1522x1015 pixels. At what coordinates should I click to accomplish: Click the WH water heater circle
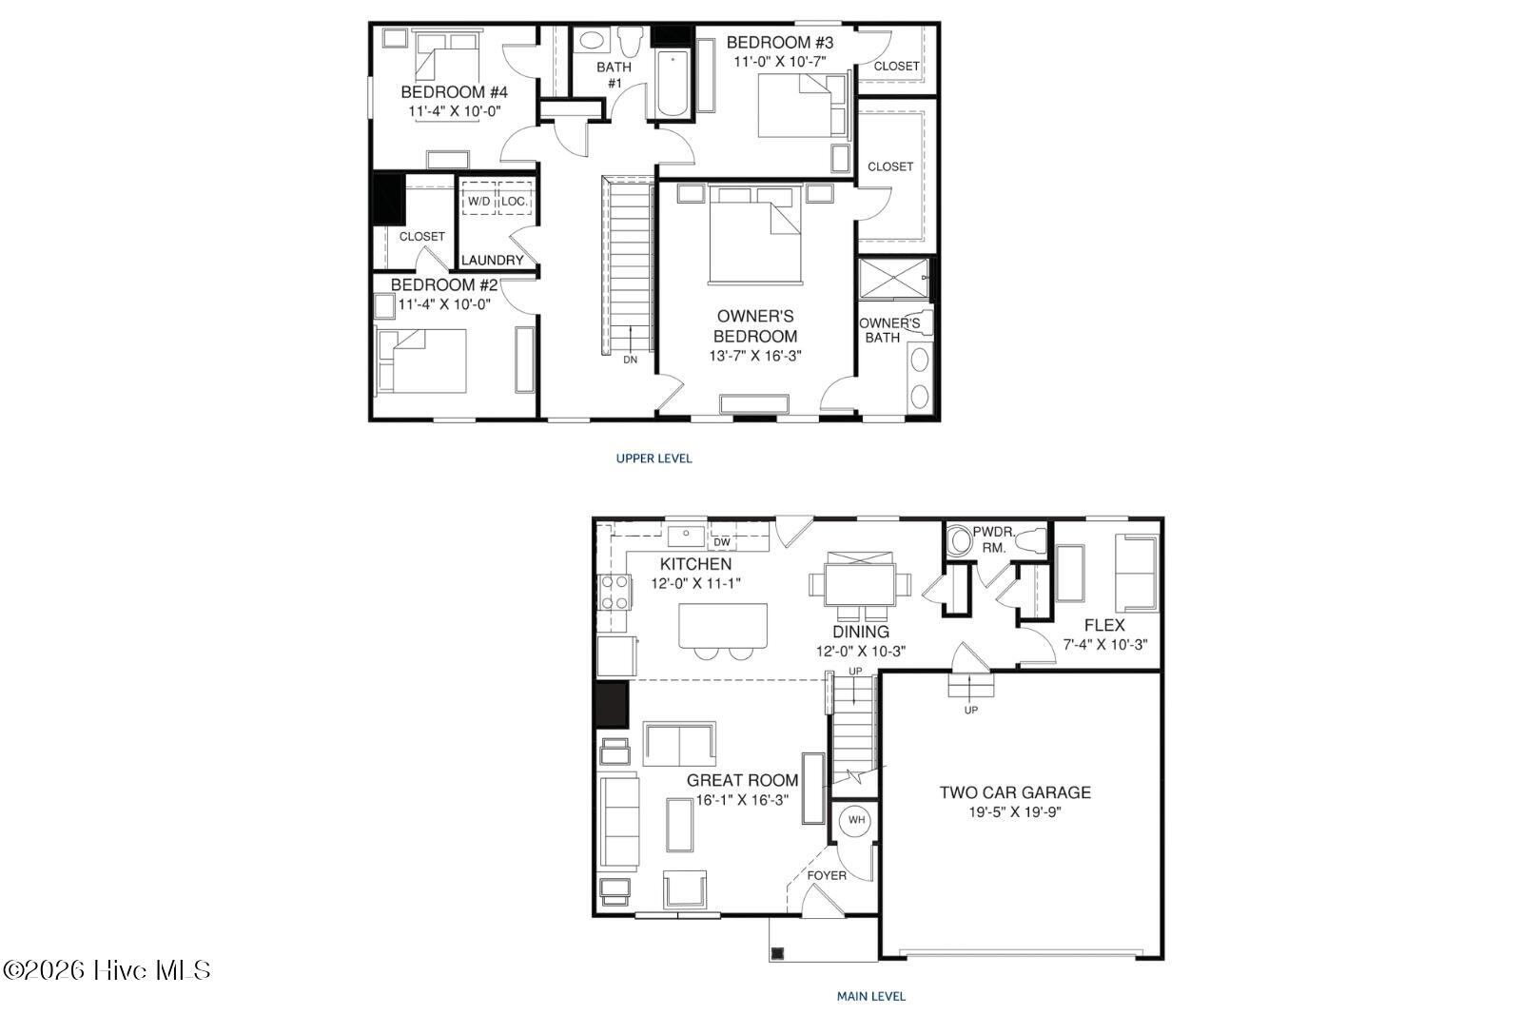pyautogui.click(x=856, y=820)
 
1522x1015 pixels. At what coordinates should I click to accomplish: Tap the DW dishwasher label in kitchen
pyautogui.click(x=722, y=542)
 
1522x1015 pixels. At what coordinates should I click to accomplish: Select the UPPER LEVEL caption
pyautogui.click(x=654, y=459)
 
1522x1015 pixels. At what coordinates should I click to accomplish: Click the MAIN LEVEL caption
pyautogui.click(x=871, y=997)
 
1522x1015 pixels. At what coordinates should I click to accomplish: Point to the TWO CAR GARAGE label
pyautogui.click(x=1015, y=792)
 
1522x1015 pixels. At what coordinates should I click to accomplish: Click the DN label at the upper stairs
pyautogui.click(x=631, y=360)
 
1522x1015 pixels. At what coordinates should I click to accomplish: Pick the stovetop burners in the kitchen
pyautogui.click(x=615, y=592)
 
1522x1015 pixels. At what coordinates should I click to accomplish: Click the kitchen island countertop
pyautogui.click(x=723, y=625)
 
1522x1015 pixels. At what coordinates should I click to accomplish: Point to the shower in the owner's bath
pyautogui.click(x=894, y=278)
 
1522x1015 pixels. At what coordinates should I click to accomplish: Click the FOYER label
pyautogui.click(x=827, y=876)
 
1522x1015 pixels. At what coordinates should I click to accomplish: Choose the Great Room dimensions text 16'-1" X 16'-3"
pyautogui.click(x=742, y=800)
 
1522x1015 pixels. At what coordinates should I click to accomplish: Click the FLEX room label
pyautogui.click(x=1104, y=625)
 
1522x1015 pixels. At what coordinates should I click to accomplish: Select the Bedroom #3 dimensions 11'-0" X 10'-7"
pyautogui.click(x=780, y=62)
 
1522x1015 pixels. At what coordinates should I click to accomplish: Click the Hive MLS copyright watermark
pyautogui.click(x=107, y=969)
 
